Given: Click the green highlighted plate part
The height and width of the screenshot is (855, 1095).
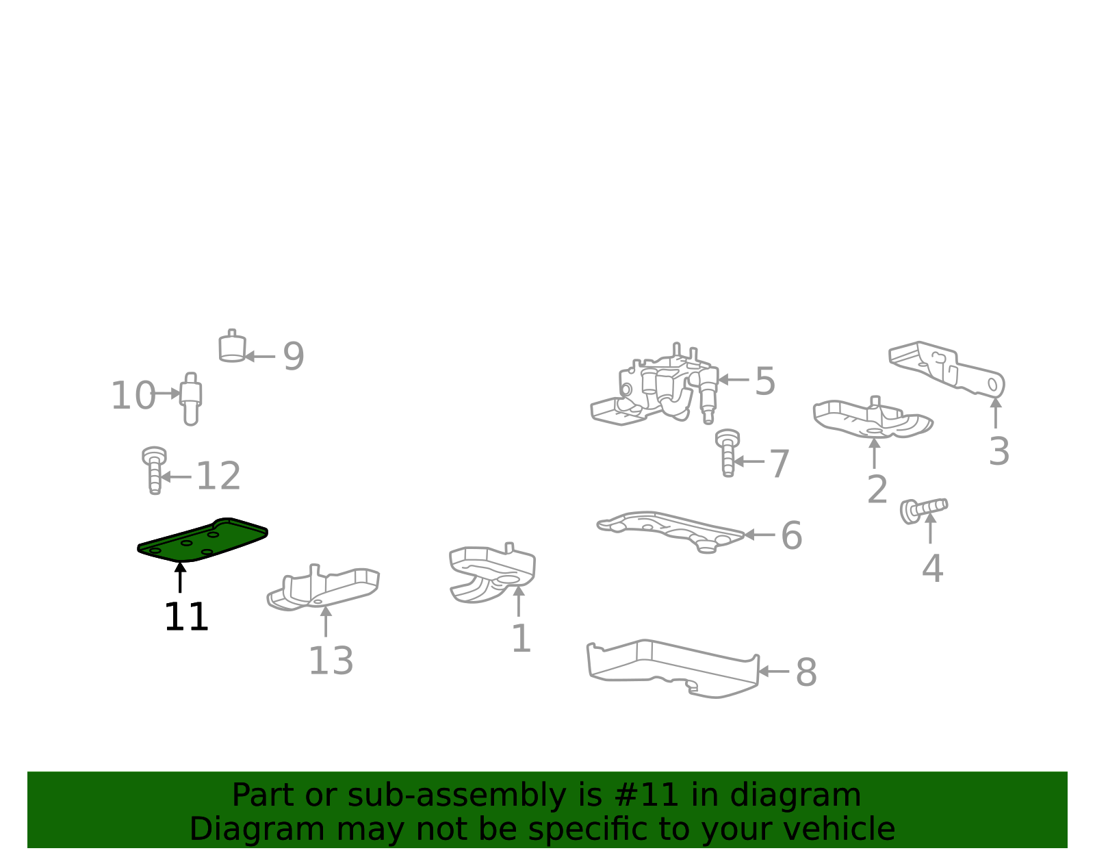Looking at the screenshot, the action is pyautogui.click(x=202, y=541).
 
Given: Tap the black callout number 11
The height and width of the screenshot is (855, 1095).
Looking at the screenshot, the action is pyautogui.click(x=186, y=617).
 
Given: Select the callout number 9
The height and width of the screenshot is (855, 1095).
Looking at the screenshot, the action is pyautogui.click(x=294, y=357).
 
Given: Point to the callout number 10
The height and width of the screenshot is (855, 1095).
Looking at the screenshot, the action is pyautogui.click(x=133, y=396).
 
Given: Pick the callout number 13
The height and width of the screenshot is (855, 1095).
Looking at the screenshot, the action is pyautogui.click(x=331, y=661).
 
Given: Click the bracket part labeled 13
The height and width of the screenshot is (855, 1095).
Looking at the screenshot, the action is pyautogui.click(x=323, y=587).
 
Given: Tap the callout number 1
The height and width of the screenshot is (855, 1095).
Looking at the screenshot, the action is pyautogui.click(x=521, y=639).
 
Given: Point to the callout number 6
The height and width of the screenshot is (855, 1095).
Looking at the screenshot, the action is pyautogui.click(x=791, y=535).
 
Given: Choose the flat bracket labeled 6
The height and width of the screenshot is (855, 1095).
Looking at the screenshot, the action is pyautogui.click(x=671, y=532).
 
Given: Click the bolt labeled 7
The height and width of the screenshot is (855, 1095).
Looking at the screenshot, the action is pyautogui.click(x=727, y=453).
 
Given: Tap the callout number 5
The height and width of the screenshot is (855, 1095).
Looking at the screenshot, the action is pyautogui.click(x=765, y=381).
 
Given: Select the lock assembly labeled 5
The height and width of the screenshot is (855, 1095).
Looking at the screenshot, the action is pyautogui.click(x=655, y=385).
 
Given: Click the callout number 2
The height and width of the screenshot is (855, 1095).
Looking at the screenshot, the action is pyautogui.click(x=877, y=489).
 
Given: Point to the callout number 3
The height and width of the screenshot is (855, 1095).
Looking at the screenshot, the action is pyautogui.click(x=999, y=452).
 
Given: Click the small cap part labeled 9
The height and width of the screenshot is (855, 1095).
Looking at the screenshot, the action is pyautogui.click(x=232, y=346).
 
